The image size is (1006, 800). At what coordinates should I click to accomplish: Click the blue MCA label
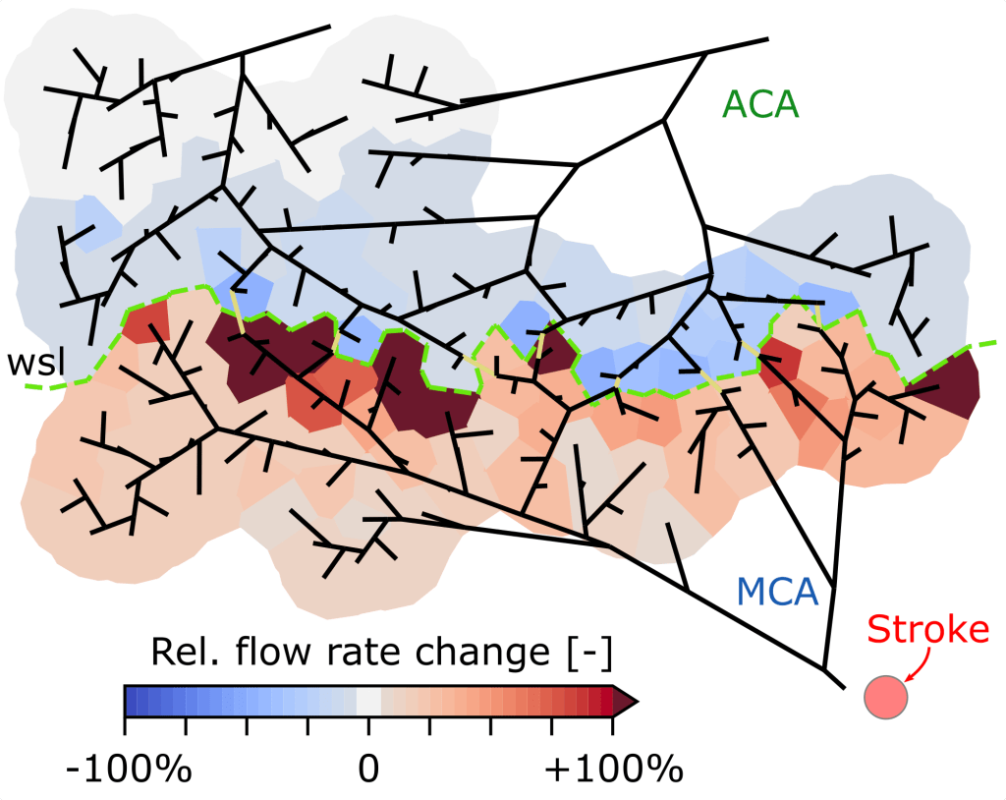776,593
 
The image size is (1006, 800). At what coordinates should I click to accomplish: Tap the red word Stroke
928,630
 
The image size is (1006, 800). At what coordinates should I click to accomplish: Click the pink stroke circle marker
885,698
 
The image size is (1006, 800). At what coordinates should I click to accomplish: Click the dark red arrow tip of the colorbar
627,701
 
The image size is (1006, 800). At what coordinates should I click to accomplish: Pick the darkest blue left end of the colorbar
131,701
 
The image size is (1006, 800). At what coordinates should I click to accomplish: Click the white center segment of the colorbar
368,701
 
